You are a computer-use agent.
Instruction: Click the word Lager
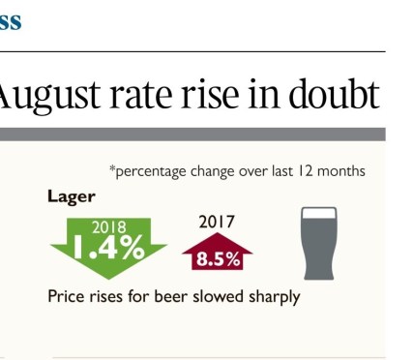click(x=71, y=196)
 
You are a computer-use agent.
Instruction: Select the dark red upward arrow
click(x=217, y=253)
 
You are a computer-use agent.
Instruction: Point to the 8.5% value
click(x=217, y=258)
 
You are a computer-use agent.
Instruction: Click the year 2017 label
click(x=217, y=222)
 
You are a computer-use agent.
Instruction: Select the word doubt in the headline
click(x=330, y=94)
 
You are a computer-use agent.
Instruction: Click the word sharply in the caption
click(x=272, y=297)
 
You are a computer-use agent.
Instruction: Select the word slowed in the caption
click(x=217, y=296)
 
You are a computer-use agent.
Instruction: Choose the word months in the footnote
click(x=339, y=171)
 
